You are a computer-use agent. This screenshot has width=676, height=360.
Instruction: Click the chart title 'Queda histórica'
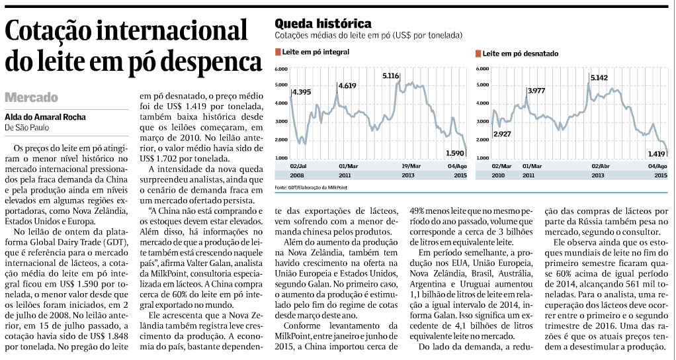click(x=323, y=23)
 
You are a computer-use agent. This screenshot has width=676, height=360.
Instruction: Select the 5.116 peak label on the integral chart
click(x=391, y=76)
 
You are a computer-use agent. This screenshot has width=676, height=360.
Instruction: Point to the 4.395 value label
click(x=302, y=92)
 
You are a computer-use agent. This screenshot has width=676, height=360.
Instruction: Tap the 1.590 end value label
click(x=455, y=153)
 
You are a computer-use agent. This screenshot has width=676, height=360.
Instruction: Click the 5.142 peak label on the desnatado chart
click(x=599, y=78)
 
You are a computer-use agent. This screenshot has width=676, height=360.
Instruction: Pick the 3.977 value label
click(x=536, y=91)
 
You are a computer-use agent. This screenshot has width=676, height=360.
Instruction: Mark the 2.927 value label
click(x=502, y=134)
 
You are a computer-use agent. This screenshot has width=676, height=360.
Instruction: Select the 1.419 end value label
click(x=657, y=154)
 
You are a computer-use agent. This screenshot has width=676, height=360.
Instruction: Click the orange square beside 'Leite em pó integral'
click(x=278, y=52)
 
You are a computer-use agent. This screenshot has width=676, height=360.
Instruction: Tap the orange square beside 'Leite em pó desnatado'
click(x=478, y=54)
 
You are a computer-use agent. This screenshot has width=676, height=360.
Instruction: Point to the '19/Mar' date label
click(x=411, y=166)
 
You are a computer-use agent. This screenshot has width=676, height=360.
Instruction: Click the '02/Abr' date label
click(x=600, y=166)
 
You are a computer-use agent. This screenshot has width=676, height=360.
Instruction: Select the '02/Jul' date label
click(x=298, y=166)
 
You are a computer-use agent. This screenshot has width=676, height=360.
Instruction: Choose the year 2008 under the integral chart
click(x=297, y=175)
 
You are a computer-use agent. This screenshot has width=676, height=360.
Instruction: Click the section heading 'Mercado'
click(x=32, y=97)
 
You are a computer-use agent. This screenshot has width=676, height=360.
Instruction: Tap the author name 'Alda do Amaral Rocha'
click(x=45, y=117)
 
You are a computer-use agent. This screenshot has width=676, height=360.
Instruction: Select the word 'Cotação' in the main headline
click(x=51, y=32)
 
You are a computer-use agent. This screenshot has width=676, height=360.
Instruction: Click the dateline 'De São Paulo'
click(x=26, y=128)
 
